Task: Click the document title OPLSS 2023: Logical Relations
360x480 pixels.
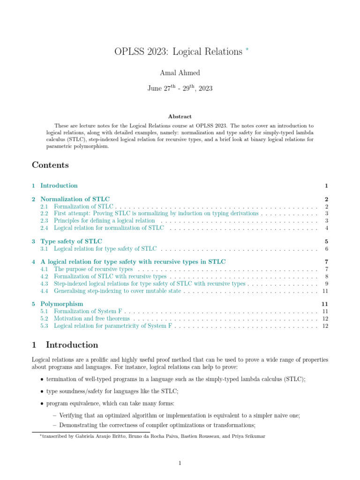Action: tap(178, 52)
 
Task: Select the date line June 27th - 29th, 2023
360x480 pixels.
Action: tap(180, 88)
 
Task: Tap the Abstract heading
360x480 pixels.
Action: tap(180, 116)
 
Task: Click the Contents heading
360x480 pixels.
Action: tap(50, 165)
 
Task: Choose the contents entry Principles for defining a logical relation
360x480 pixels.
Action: tap(104, 220)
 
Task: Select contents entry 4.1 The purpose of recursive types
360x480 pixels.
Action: tap(93, 270)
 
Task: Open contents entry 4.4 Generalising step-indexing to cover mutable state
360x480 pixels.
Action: tap(117, 291)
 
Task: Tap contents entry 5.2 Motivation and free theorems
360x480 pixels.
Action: tap(92, 318)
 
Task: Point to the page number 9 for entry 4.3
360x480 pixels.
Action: tap(326, 284)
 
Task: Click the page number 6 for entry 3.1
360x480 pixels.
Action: tap(326, 248)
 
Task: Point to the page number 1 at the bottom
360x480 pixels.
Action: tap(180, 464)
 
